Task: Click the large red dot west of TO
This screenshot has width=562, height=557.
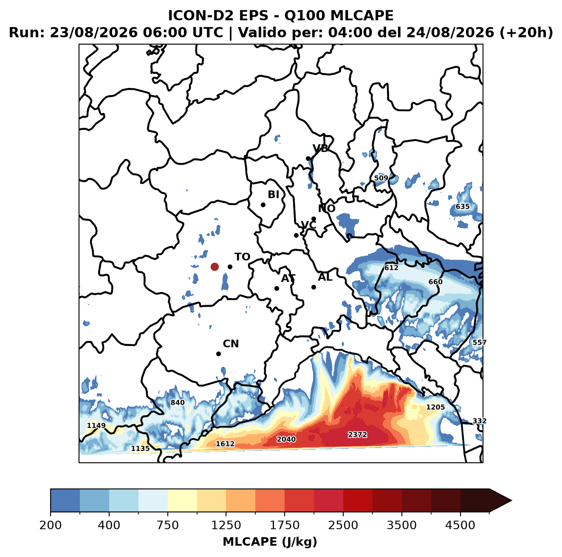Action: [215, 267]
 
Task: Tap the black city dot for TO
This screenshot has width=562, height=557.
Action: [230, 267]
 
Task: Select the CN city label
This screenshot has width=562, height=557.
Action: [231, 343]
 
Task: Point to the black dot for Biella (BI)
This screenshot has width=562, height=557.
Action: [263, 205]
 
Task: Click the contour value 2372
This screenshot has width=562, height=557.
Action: [357, 435]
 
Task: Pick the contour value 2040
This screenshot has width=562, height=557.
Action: [286, 439]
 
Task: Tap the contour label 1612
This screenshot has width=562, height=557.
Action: [225, 444]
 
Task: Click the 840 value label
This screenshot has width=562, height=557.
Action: [177, 402]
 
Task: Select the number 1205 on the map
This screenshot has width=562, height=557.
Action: [435, 407]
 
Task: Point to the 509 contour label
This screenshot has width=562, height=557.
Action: [381, 178]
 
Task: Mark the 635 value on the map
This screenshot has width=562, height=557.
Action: [463, 206]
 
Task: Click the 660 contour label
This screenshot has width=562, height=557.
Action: [435, 281]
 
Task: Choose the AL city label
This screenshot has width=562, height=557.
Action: [325, 277]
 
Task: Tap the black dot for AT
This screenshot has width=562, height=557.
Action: [277, 288]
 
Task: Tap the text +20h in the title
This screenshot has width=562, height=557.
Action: [526, 32]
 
